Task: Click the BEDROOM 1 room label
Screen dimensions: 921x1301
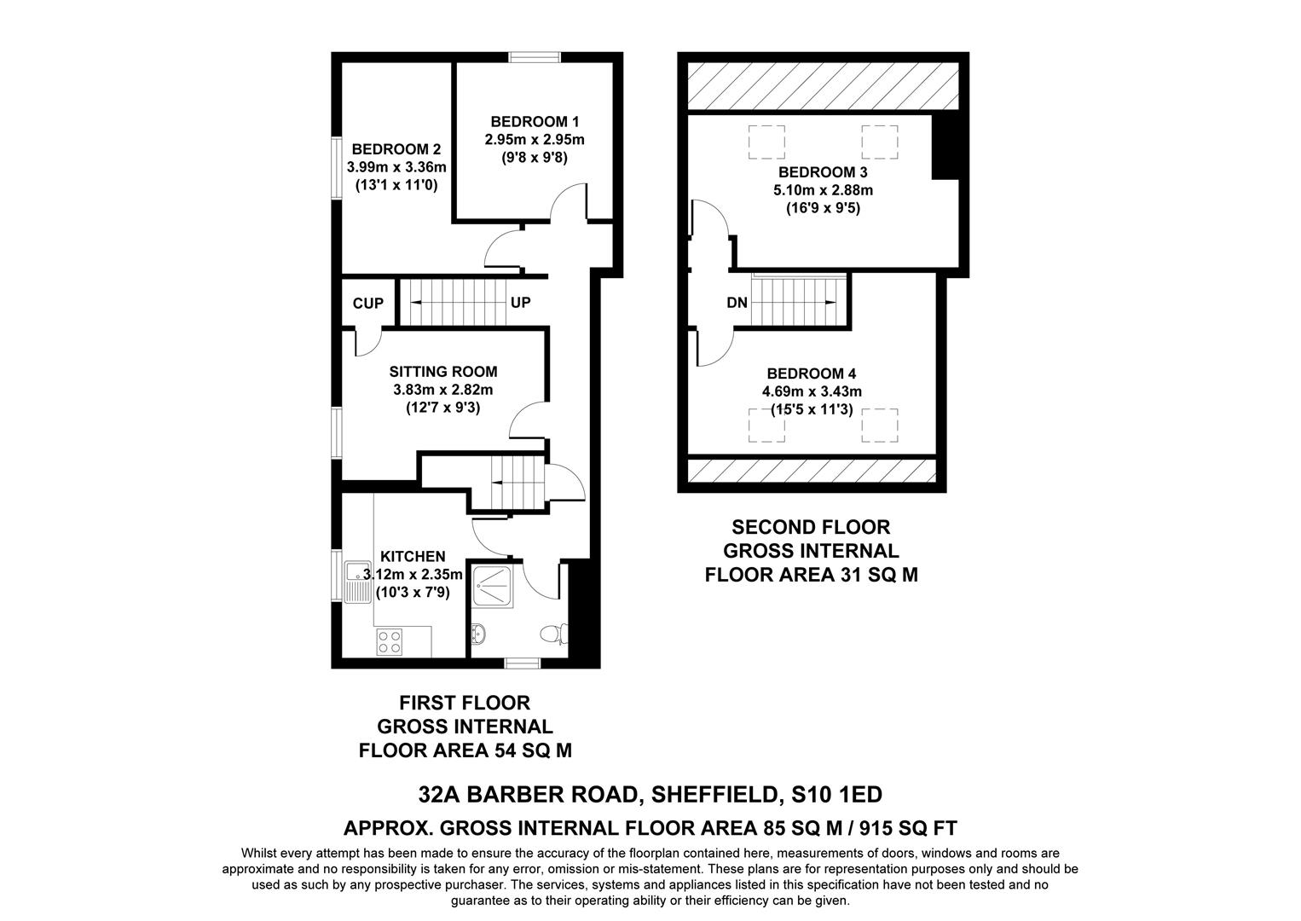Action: pos(535,121)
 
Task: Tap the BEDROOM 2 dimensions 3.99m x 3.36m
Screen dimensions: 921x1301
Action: pos(396,167)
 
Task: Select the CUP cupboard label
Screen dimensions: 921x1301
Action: pos(368,304)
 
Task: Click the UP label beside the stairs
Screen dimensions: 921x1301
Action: pos(521,303)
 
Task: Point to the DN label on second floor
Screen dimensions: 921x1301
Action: pos(737,303)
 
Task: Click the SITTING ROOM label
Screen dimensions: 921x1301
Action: pos(442,372)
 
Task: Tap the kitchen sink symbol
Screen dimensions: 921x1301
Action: pos(355,580)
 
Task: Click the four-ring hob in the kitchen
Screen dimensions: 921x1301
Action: pos(390,641)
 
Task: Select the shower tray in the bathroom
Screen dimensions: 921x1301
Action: pos(492,588)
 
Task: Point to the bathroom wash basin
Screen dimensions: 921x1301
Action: pos(477,635)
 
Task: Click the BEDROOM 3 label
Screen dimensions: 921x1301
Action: pos(817,172)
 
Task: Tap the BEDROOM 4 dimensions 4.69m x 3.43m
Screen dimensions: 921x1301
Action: pos(812,392)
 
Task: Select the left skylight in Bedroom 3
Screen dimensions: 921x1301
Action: pos(766,142)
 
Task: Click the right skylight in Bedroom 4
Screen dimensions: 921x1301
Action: pos(879,426)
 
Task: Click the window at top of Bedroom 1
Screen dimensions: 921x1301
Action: pos(535,57)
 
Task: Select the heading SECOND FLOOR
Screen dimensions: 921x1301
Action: pos(810,528)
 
